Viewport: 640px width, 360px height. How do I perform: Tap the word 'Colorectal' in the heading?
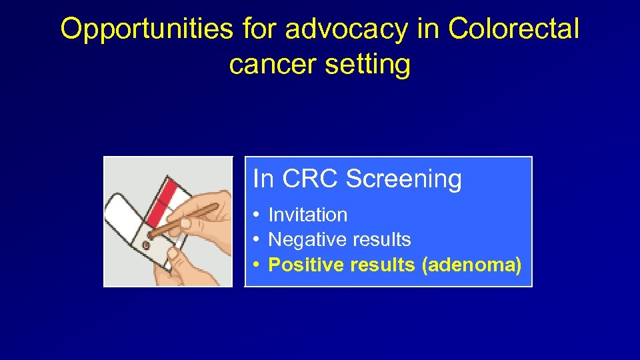[513, 29]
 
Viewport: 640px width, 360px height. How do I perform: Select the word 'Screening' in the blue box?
[404, 179]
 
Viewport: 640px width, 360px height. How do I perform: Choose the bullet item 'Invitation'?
[307, 215]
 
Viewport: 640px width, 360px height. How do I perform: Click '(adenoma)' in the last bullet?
[471, 265]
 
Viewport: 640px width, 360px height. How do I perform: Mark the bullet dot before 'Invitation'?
[257, 215]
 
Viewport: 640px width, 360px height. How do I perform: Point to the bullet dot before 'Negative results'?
[257, 240]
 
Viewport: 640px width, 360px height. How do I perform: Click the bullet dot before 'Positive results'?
[257, 265]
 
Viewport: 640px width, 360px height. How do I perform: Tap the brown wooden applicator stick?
[190, 218]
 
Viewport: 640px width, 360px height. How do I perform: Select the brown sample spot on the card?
[146, 245]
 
